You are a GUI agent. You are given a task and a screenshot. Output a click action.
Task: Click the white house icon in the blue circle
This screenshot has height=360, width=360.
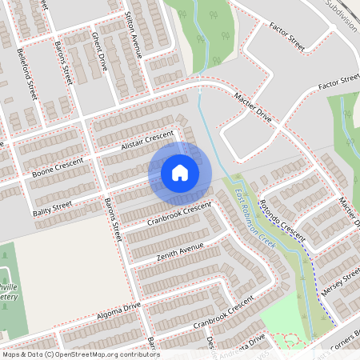[180, 172]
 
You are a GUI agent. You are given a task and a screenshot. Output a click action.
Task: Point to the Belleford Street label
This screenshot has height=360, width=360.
[26, 72]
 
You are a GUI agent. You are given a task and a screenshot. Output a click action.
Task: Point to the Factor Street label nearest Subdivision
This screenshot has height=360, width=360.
[288, 38]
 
